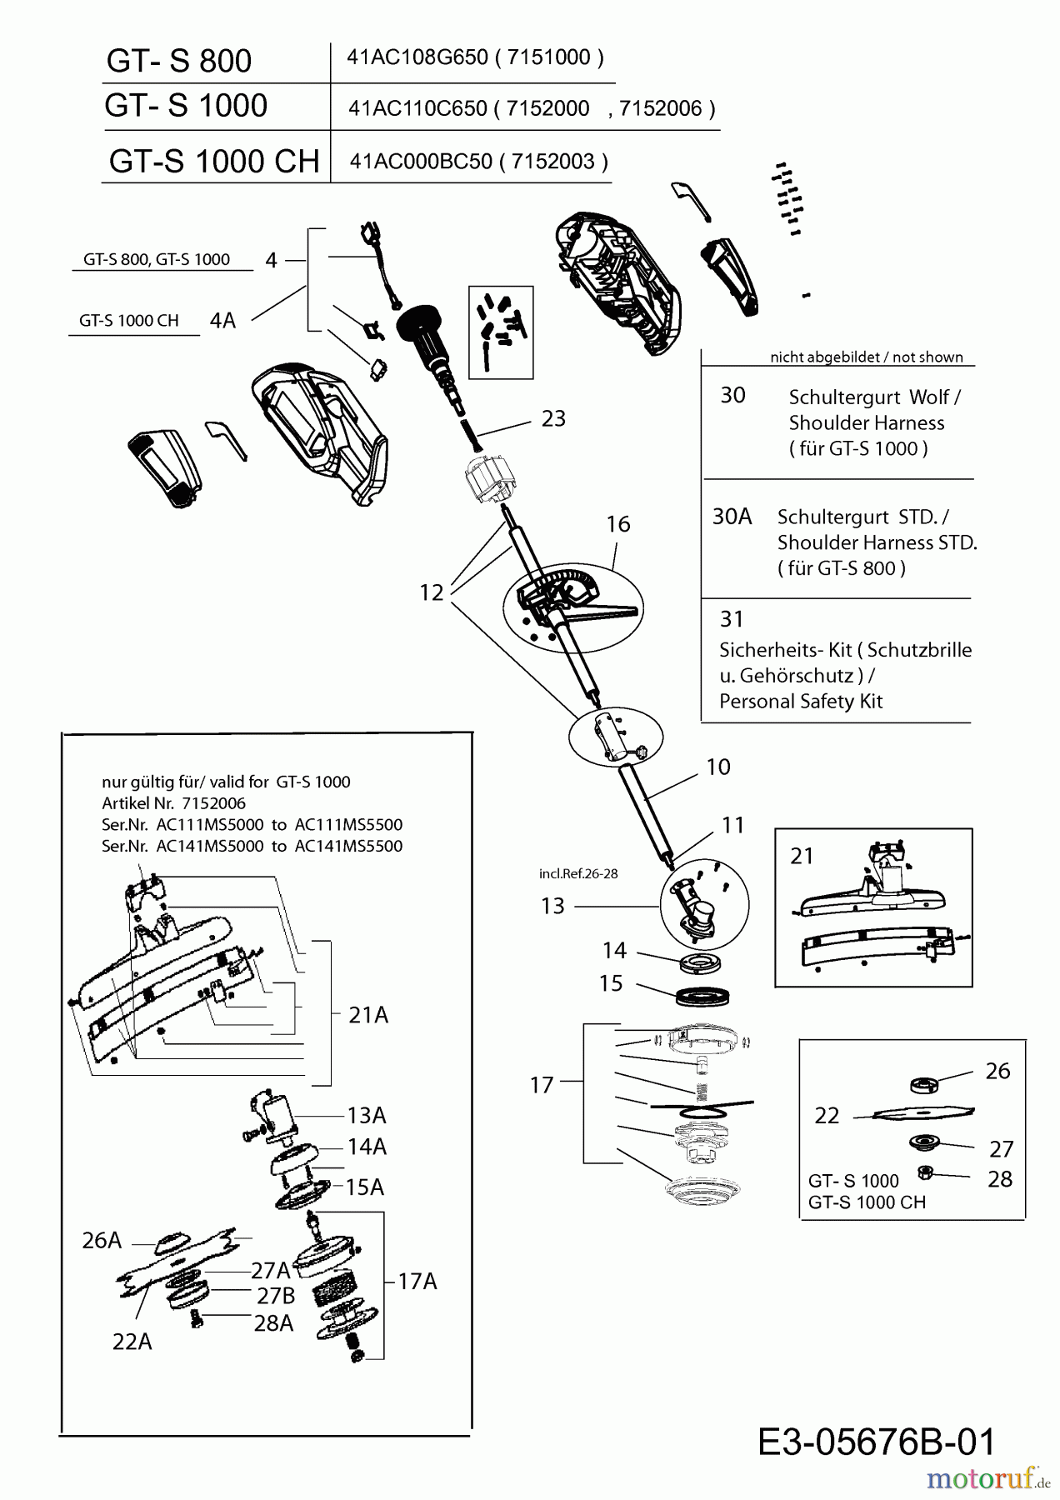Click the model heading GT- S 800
click(179, 61)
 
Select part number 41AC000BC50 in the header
click(421, 161)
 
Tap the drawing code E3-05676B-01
click(877, 1442)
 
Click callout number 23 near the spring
click(553, 418)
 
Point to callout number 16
click(617, 524)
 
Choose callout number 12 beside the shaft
click(432, 592)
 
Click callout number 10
click(717, 767)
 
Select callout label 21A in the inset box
click(367, 1015)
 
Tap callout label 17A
click(417, 1281)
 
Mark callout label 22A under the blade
click(132, 1342)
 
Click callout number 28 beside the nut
click(999, 1179)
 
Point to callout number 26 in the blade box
click(997, 1071)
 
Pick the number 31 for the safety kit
click(732, 619)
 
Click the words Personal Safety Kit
click(800, 702)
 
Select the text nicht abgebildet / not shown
click(866, 357)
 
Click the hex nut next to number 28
click(923, 1172)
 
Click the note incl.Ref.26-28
click(578, 874)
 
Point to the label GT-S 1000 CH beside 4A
click(129, 321)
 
